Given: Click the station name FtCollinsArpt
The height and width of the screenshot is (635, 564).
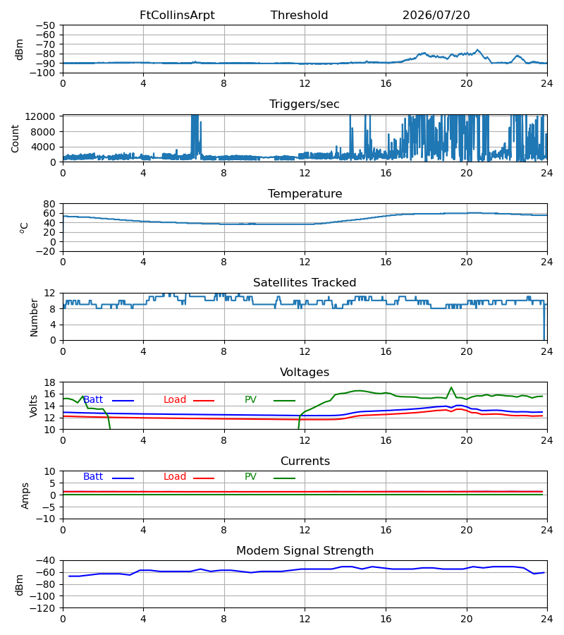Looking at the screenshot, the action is (177, 16).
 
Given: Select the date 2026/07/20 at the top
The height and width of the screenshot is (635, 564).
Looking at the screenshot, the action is (436, 16).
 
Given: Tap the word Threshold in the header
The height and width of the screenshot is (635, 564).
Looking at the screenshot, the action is (300, 16).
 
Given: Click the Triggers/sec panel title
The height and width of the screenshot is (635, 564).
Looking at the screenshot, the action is (305, 104).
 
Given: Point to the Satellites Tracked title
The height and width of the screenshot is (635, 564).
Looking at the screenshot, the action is (305, 283).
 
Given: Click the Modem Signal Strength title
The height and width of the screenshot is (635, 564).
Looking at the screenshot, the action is (305, 551).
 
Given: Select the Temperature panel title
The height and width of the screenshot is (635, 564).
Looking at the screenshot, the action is (305, 193).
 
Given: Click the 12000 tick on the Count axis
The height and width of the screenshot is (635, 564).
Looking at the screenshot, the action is (40, 116).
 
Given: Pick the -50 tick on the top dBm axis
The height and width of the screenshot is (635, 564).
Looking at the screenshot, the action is (45, 25).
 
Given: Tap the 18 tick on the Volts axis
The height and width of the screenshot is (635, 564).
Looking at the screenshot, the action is (49, 382).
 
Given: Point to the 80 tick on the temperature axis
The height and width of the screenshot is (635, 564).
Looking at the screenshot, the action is (49, 204).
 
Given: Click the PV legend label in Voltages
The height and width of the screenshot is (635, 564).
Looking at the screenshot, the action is (250, 400).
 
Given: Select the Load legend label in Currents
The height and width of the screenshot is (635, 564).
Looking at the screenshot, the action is (175, 477).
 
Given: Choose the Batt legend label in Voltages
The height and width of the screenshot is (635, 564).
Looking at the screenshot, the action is (93, 400).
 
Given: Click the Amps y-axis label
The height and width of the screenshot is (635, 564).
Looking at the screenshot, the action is (25, 495).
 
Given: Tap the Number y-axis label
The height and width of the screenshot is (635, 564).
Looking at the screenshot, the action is (34, 317).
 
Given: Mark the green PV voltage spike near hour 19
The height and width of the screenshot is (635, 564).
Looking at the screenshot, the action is (451, 387).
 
